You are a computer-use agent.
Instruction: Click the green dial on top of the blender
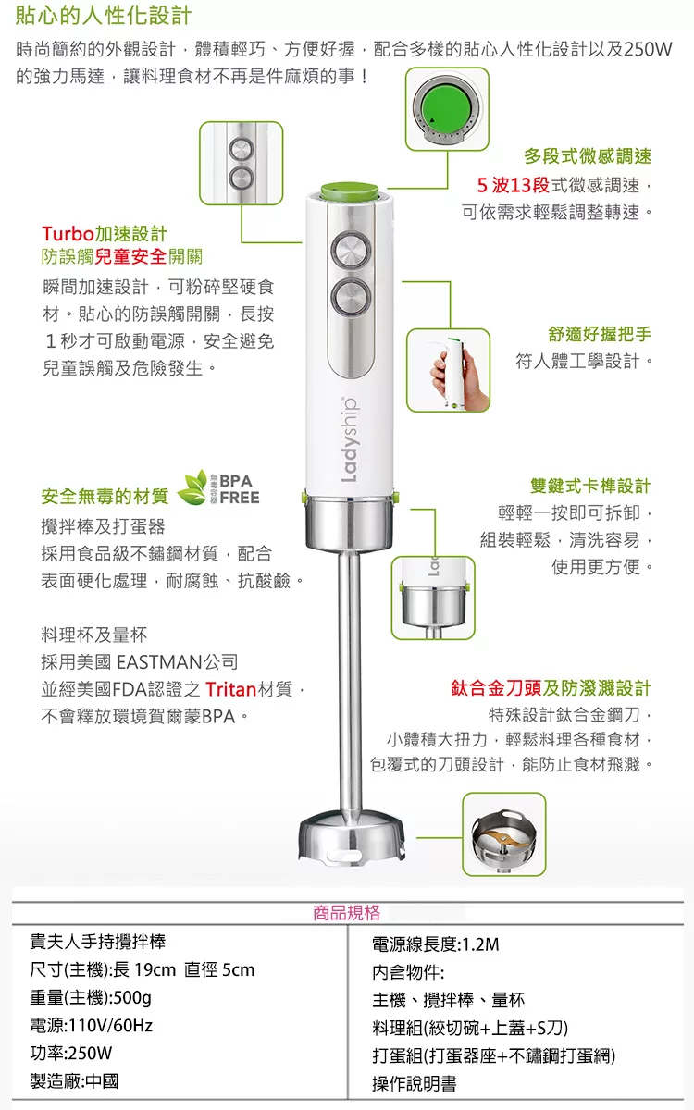pyautogui.click(x=350, y=191)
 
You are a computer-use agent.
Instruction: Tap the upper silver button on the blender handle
pyautogui.click(x=351, y=251)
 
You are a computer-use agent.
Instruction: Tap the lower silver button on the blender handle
pyautogui.click(x=351, y=297)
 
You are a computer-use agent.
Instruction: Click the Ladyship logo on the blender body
pyautogui.click(x=349, y=439)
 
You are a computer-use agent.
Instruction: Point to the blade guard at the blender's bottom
pyautogui.click(x=352, y=837)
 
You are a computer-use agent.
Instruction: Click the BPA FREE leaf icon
pyautogui.click(x=192, y=487)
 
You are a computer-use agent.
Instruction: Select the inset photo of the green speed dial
pyautogui.click(x=447, y=109)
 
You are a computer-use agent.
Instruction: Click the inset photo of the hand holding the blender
pyautogui.click(x=448, y=370)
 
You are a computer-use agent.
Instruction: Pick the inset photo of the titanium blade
pyautogui.click(x=504, y=834)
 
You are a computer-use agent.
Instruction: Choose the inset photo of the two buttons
pyautogui.click(x=241, y=163)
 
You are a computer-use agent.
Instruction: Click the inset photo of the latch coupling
pyautogui.click(x=433, y=598)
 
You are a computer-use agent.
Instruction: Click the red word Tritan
pyautogui.click(x=230, y=689)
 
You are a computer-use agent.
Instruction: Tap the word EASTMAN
pyautogui.click(x=159, y=662)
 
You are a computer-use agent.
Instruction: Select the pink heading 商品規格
pyautogui.click(x=346, y=913)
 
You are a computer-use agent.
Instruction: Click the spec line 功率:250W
pyautogui.click(x=71, y=1053)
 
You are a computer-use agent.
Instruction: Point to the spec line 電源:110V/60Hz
pyautogui.click(x=92, y=1025)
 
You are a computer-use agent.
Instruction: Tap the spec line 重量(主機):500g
pyautogui.click(x=91, y=997)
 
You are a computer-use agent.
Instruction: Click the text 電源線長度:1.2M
pyautogui.click(x=436, y=944)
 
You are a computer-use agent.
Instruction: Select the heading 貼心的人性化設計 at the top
pyautogui.click(x=103, y=16)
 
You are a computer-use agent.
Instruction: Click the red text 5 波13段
pyautogui.click(x=513, y=185)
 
